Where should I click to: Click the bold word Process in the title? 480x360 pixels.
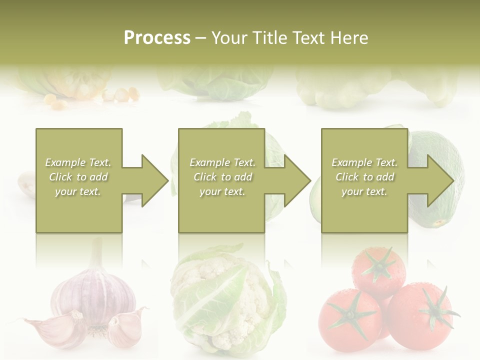(x=157, y=38)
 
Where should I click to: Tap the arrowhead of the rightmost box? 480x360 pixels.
(x=439, y=180)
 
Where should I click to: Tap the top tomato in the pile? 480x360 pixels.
(x=379, y=270)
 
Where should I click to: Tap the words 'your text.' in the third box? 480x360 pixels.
(x=364, y=191)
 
